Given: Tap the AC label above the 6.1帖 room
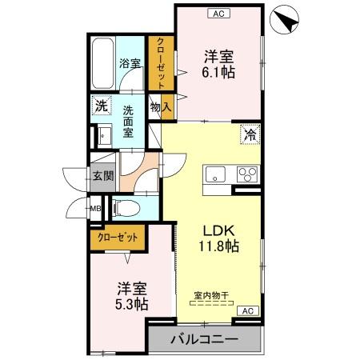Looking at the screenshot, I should pos(218,13).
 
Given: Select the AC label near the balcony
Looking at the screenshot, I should pos(248,310).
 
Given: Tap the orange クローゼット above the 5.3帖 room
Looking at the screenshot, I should pos(118,237).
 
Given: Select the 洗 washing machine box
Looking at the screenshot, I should pos(102,105).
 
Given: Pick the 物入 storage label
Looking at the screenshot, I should pos(161,105).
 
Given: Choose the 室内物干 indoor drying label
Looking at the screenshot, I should pos(211,296).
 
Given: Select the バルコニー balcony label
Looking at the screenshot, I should pos(203,341).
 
